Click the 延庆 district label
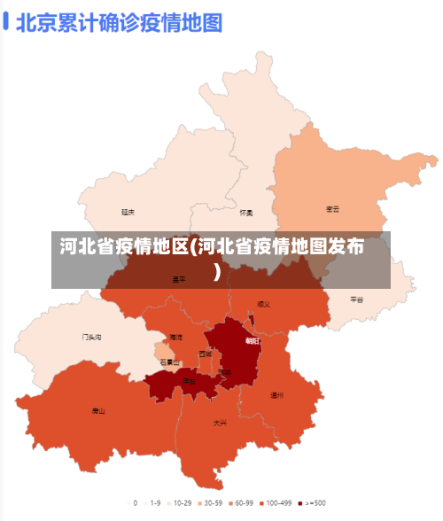pos(128,213)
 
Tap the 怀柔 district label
pos(246,213)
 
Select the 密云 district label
pos(333,209)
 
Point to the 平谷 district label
pos(357,299)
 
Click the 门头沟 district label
pos(92,337)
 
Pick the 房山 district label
pos(98,410)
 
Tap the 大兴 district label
pos(220,423)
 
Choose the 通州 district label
pos(277,395)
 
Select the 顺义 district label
pos(263,304)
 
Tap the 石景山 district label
pos(170,362)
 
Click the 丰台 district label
pos(190,381)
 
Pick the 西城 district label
pos(206,354)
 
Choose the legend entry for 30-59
pos(209,502)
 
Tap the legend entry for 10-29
pos(179,502)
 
